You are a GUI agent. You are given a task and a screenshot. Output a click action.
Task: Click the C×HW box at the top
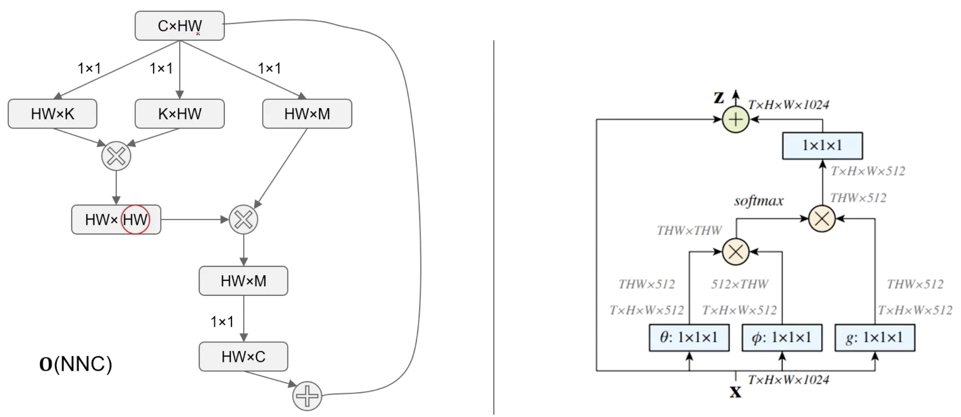pyautogui.click(x=179, y=26)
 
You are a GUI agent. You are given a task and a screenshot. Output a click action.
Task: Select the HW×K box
pyautogui.click(x=52, y=114)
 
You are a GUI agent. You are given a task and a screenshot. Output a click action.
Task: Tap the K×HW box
pyautogui.click(x=179, y=114)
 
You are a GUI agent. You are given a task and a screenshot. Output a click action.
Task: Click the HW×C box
pyautogui.click(x=243, y=357)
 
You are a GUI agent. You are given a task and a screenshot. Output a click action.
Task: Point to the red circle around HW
pyautogui.click(x=135, y=219)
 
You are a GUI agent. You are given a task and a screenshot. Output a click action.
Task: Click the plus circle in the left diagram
pyautogui.click(x=307, y=396)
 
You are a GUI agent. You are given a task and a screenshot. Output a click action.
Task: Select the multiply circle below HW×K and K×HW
pyautogui.click(x=116, y=156)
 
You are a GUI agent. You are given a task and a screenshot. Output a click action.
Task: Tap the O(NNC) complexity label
pyautogui.click(x=76, y=364)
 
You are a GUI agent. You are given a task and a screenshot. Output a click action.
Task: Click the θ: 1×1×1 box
pyautogui.click(x=689, y=338)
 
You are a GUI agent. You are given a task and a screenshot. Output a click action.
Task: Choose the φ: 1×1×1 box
pyautogui.click(x=782, y=338)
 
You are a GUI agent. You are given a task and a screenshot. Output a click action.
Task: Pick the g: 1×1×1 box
pyautogui.click(x=875, y=338)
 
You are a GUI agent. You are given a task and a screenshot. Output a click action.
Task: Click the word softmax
pyautogui.click(x=758, y=201)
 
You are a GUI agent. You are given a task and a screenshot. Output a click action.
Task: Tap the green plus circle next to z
pyautogui.click(x=735, y=120)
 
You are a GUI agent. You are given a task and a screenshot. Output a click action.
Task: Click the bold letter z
pyautogui.click(x=719, y=98)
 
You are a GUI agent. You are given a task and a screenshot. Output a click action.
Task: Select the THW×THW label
pyautogui.click(x=689, y=230)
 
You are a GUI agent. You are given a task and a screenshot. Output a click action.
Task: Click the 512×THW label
pyautogui.click(x=740, y=284)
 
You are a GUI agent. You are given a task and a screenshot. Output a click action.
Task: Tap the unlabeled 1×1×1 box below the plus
pyautogui.click(x=822, y=146)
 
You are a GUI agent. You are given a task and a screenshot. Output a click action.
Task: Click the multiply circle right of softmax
pyautogui.click(x=822, y=219)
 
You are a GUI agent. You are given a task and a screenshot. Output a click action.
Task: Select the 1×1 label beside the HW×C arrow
pyautogui.click(x=222, y=322)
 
